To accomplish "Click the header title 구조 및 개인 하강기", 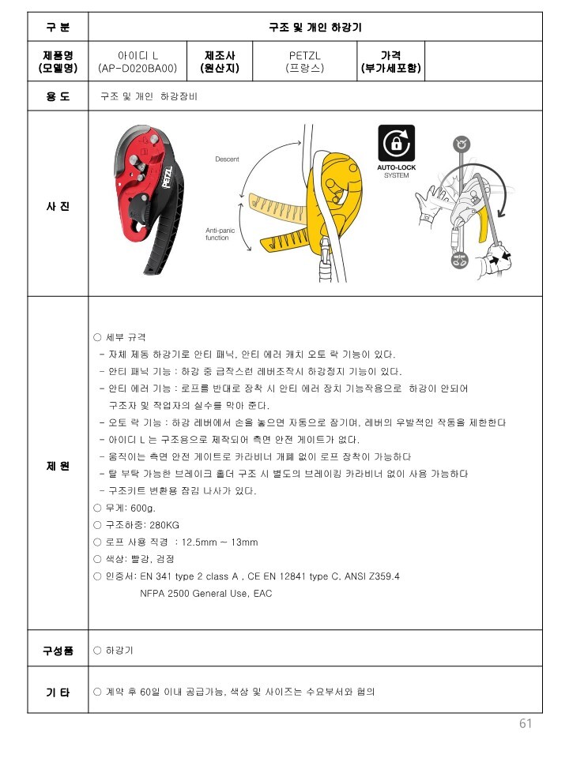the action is tap(315, 27).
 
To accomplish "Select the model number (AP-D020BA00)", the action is tap(138, 68).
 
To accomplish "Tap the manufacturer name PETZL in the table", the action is tap(305, 55).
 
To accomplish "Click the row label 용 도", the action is tap(58, 96).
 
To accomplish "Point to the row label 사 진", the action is tap(58, 206).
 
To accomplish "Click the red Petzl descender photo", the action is tap(149, 199).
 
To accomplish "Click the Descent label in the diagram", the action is tap(227, 159).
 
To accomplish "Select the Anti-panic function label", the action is tap(220, 234).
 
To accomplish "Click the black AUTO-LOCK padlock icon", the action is tap(396, 143).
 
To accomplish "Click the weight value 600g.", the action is tap(143, 508).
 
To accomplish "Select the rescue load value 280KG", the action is tap(164, 525).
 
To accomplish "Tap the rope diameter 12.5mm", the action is tap(199, 542).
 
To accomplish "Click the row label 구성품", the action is tap(58, 651).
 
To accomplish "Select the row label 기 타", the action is tap(58, 692).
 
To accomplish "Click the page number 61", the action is tap(526, 723).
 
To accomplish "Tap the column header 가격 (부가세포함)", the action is tap(390, 62).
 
